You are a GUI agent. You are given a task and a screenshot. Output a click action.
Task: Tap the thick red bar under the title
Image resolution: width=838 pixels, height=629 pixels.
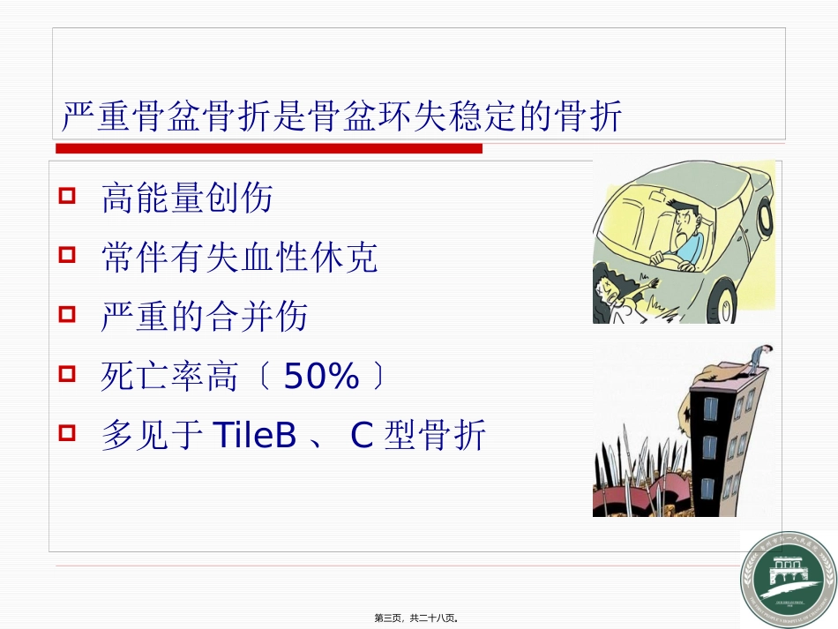pos(269,148)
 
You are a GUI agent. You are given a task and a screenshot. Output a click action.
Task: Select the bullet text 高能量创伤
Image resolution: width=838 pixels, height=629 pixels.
pos(187,198)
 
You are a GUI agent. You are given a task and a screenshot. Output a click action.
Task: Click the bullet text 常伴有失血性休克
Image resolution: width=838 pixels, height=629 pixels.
pos(239,258)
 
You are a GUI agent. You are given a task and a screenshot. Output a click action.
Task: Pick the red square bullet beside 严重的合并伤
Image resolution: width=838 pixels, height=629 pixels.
pos(67,314)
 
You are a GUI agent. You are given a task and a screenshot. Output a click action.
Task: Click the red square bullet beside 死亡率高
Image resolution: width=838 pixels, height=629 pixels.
pos(67,374)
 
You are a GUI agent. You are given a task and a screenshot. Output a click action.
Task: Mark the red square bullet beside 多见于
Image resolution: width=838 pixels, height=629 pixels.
pos(67,433)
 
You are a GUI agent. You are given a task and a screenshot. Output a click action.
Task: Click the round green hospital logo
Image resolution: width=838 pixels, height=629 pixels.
pos(787,580)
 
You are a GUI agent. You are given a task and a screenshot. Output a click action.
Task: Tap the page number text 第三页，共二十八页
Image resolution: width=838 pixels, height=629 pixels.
pos(418,618)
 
